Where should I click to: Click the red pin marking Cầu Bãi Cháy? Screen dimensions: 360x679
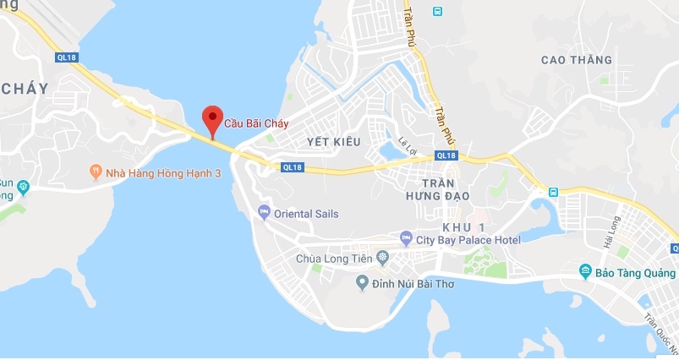pos(212,119)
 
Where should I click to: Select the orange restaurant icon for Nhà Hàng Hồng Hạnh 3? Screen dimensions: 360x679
pos(96,172)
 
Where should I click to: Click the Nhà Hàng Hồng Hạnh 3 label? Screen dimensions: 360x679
pos(151,172)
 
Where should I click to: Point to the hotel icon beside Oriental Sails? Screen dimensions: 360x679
pos(264,213)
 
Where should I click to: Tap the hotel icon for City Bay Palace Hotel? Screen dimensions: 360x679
pos(406,239)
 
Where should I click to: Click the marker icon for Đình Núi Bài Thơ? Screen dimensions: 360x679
pos(362,282)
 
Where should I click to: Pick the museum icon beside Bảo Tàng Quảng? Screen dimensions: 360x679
pos(584,271)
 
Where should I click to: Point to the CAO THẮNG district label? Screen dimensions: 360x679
pos(575,60)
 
